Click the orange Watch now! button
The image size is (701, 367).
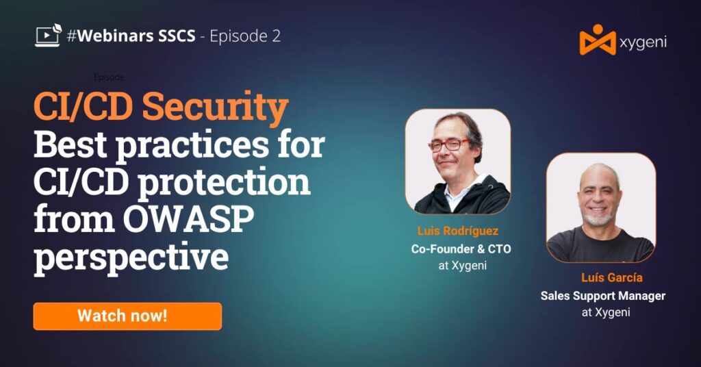(127, 316)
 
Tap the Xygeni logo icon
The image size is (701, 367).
(597, 40)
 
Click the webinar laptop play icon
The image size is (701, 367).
(49, 36)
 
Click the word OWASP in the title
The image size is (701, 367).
(188, 219)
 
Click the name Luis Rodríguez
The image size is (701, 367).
(458, 231)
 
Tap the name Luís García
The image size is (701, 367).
(611, 277)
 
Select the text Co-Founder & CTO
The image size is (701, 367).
(461, 249)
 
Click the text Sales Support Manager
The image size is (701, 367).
(602, 296)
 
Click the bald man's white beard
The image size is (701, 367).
(598, 219)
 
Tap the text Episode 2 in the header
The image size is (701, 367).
(245, 36)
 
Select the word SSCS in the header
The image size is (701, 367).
(175, 36)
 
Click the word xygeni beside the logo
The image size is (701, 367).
(643, 42)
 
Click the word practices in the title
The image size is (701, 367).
(192, 145)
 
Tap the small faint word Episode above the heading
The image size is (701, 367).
(109, 77)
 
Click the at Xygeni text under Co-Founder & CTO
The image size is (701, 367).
(462, 266)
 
